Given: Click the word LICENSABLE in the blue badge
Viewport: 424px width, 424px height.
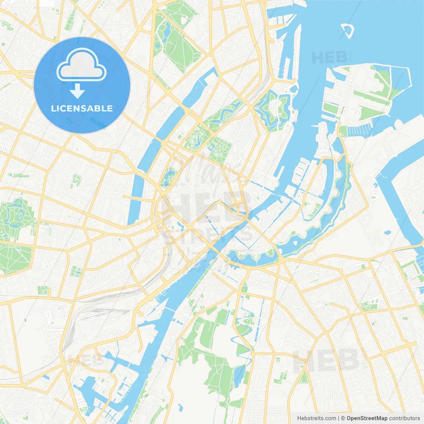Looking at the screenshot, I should point(82,108).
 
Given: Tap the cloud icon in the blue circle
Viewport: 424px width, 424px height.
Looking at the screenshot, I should point(81,65).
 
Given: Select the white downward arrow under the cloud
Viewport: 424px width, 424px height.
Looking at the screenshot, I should point(77,91).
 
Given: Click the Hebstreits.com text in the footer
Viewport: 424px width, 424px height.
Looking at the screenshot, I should point(316,418).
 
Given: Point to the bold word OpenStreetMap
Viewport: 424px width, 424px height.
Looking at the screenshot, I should point(367,418).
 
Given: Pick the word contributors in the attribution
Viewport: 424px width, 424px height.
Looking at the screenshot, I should point(404,418).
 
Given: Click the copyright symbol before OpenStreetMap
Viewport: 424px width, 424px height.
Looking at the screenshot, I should point(343,418).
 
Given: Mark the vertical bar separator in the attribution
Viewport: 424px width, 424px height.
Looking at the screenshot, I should point(339,418).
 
